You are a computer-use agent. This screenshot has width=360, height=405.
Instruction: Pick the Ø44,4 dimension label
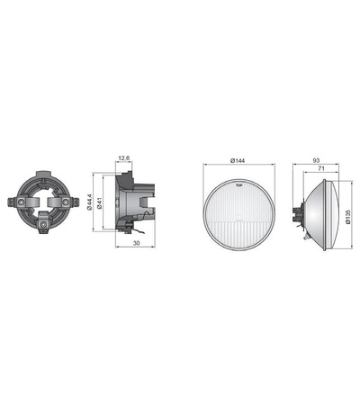pyautogui.click(x=89, y=205)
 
